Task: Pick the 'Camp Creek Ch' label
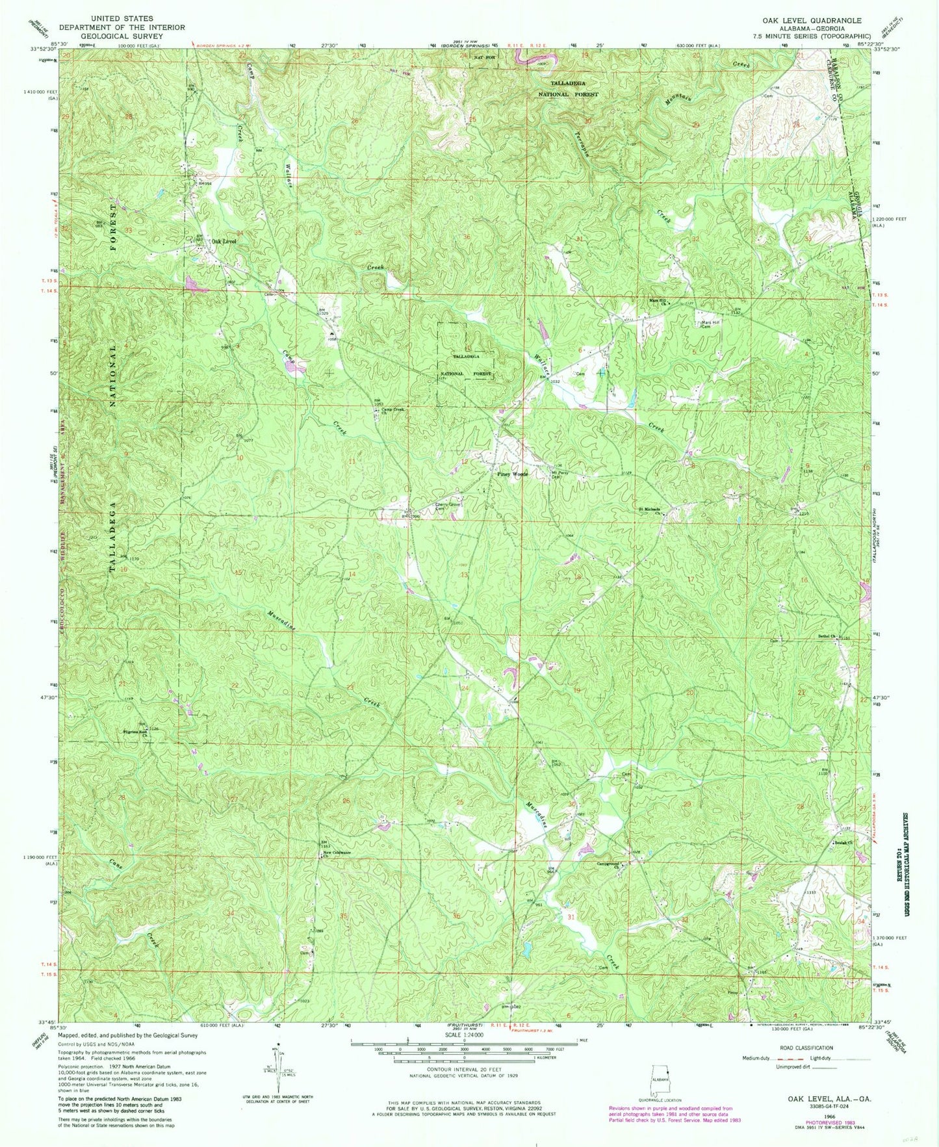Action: (392, 409)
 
